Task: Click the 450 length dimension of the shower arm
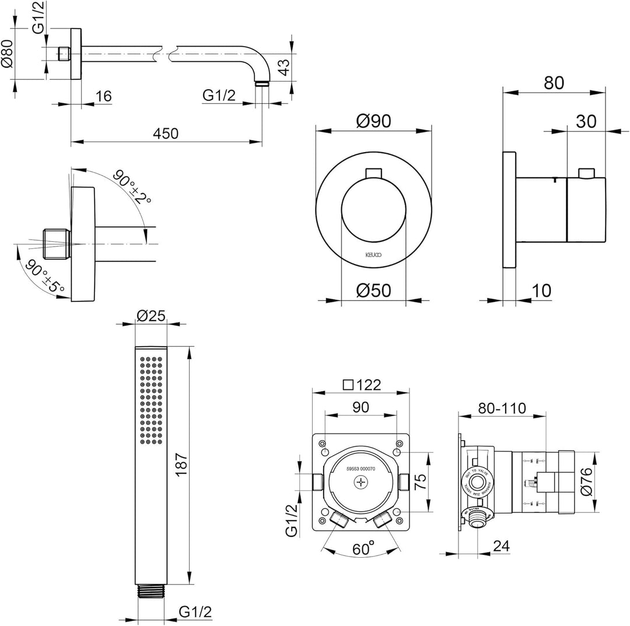coord(166,133)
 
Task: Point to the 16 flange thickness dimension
coord(103,96)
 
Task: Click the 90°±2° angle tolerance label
coord(131,186)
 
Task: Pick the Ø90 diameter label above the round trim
coord(373,121)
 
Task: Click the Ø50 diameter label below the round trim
coord(373,289)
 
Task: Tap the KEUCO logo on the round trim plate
coord(373,254)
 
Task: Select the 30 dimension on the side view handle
coord(586,121)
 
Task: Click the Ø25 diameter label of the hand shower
coord(151,315)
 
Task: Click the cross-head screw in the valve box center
coord(362,482)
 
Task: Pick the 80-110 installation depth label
coord(502,407)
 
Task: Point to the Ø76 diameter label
coord(587,481)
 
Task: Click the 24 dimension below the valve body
coord(501,547)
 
